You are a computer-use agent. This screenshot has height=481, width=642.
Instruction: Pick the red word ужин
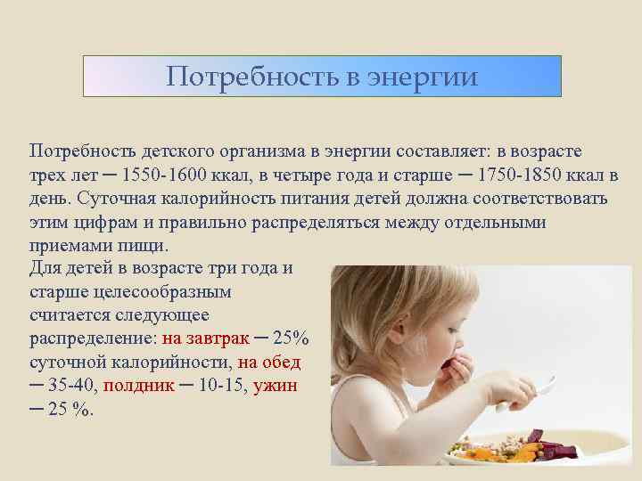tap(276, 387)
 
